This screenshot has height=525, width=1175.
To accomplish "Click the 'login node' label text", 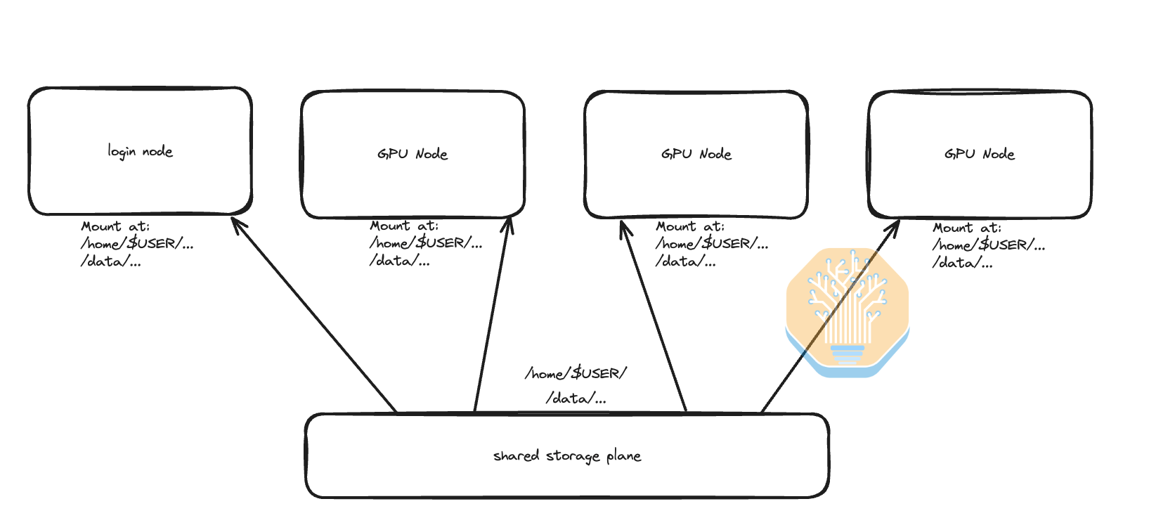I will point(140,151).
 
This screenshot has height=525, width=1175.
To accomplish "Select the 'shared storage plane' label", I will point(566,456).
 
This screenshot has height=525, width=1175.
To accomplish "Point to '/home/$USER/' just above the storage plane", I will point(576,373).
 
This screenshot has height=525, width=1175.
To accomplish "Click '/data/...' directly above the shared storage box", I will point(576,398).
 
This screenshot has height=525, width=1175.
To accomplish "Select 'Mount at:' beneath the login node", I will point(115,226).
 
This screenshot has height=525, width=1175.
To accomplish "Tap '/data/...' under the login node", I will point(110,261).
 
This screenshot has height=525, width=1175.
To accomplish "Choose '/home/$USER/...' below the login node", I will point(137,244).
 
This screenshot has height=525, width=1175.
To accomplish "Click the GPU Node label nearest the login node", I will point(413,154).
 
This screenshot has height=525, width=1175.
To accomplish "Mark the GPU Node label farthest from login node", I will point(979,154).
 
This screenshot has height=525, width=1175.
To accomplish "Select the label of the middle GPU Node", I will point(696,154).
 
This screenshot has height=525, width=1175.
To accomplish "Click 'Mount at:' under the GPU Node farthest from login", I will point(967,228).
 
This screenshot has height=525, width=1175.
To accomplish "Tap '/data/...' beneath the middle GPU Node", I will point(685,261).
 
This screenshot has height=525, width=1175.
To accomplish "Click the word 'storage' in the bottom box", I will point(572,457).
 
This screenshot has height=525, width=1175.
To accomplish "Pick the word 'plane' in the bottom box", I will point(623,456).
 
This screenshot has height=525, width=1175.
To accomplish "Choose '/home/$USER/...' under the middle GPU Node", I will point(712,244).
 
